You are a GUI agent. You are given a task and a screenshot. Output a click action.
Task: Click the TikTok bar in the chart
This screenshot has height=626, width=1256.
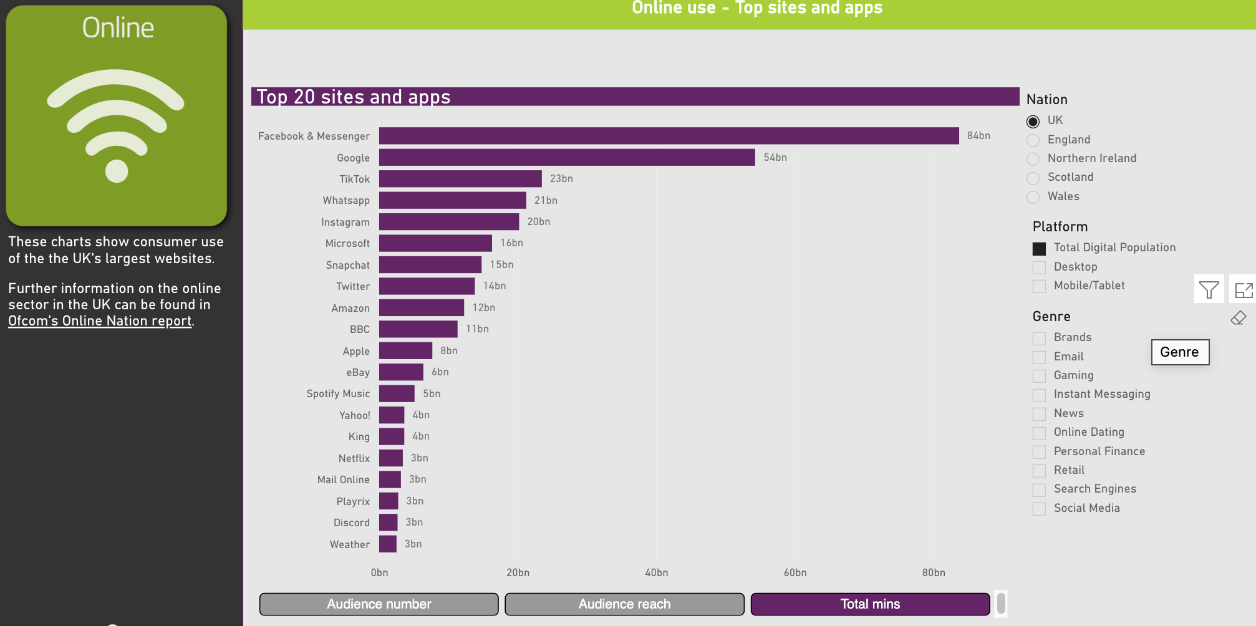(x=460, y=179)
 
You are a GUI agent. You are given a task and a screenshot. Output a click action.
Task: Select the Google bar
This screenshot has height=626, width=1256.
(x=567, y=158)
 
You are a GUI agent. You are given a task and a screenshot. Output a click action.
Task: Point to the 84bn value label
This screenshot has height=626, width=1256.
(x=978, y=136)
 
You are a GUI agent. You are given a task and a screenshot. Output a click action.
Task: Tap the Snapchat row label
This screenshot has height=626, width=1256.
(x=347, y=265)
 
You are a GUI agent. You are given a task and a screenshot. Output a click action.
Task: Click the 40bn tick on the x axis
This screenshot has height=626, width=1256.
(x=656, y=572)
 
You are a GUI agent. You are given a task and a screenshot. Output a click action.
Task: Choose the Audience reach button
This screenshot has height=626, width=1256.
(x=624, y=604)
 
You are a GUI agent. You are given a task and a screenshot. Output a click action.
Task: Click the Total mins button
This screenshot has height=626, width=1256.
(x=870, y=604)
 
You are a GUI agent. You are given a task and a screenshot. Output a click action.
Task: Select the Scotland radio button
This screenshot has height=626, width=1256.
(x=1033, y=178)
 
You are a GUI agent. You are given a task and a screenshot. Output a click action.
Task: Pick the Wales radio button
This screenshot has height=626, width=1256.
(x=1033, y=197)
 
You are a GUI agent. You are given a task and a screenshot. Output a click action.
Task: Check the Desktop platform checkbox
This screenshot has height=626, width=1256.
(x=1039, y=267)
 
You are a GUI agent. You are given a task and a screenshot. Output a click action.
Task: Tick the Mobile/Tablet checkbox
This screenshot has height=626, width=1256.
(x=1039, y=286)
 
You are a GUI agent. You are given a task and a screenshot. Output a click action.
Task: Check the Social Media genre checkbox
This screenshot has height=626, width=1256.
(x=1039, y=509)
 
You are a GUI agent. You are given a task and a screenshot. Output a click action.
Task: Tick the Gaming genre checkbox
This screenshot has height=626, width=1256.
(x=1039, y=376)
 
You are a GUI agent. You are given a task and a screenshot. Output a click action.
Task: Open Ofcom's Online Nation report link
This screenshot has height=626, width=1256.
(x=100, y=321)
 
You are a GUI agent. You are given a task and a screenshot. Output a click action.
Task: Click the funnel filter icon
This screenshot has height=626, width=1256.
(x=1209, y=289)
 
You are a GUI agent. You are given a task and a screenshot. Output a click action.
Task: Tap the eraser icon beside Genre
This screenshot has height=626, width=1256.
(x=1238, y=318)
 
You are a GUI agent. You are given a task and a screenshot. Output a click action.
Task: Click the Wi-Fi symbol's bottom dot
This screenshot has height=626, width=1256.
(x=117, y=171)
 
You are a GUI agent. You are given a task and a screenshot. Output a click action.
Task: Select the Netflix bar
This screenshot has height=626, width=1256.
(x=391, y=458)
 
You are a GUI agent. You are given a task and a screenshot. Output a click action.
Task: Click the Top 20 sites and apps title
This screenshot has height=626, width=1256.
(x=354, y=97)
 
